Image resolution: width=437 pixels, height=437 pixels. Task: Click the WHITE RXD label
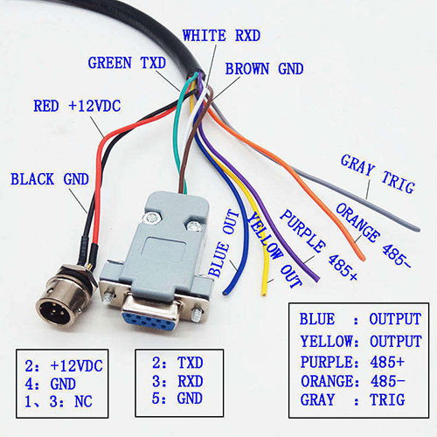(221, 36)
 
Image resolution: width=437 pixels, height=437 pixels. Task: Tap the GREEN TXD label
(127, 63)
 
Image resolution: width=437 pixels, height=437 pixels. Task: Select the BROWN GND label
(264, 69)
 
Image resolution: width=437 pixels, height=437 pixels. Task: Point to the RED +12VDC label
(77, 106)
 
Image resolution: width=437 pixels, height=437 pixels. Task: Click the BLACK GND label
(50, 179)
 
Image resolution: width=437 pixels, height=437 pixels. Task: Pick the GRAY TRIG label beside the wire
(378, 174)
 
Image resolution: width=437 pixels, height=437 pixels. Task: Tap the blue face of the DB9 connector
(149, 320)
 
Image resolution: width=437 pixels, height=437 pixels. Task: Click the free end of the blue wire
(225, 293)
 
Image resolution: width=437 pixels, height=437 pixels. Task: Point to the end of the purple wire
(317, 280)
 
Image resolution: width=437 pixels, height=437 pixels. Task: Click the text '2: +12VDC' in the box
(64, 366)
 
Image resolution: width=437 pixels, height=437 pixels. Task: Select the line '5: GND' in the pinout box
(177, 399)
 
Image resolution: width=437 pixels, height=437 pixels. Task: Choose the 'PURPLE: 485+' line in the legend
(352, 362)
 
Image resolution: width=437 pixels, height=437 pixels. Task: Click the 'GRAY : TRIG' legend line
(352, 399)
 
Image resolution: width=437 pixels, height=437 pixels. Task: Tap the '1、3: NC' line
(59, 401)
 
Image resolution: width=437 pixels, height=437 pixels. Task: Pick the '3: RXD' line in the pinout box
(177, 381)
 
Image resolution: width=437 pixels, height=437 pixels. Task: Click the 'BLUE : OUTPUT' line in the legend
(360, 319)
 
